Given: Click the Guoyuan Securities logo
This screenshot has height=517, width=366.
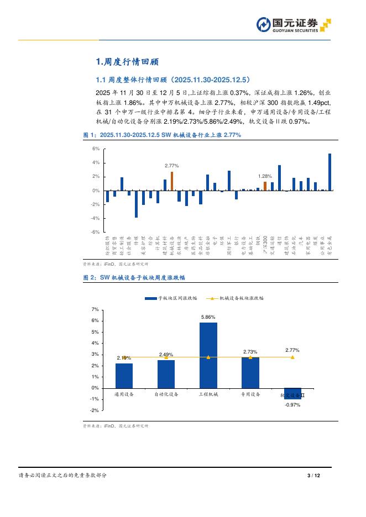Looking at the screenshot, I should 293,25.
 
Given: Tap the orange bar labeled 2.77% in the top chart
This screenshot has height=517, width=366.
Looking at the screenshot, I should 172,181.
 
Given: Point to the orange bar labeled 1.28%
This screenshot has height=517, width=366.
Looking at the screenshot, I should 265,186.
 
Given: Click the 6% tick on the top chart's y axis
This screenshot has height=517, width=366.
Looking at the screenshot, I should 96,149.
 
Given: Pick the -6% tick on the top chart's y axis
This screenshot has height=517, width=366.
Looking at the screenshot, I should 96,232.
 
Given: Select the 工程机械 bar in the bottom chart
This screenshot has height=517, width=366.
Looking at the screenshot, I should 208,355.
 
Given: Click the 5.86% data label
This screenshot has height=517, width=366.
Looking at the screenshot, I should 208,317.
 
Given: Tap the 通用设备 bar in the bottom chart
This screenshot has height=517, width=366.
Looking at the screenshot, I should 124,376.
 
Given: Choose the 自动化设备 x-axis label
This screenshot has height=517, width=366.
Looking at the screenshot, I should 166,395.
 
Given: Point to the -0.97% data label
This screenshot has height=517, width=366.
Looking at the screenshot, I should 292,405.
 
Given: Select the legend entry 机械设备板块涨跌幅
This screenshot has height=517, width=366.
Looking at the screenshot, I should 236,298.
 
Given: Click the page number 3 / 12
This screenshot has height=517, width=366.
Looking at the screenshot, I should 313,476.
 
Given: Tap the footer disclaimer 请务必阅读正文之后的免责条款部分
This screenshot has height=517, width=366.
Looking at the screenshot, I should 62,476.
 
